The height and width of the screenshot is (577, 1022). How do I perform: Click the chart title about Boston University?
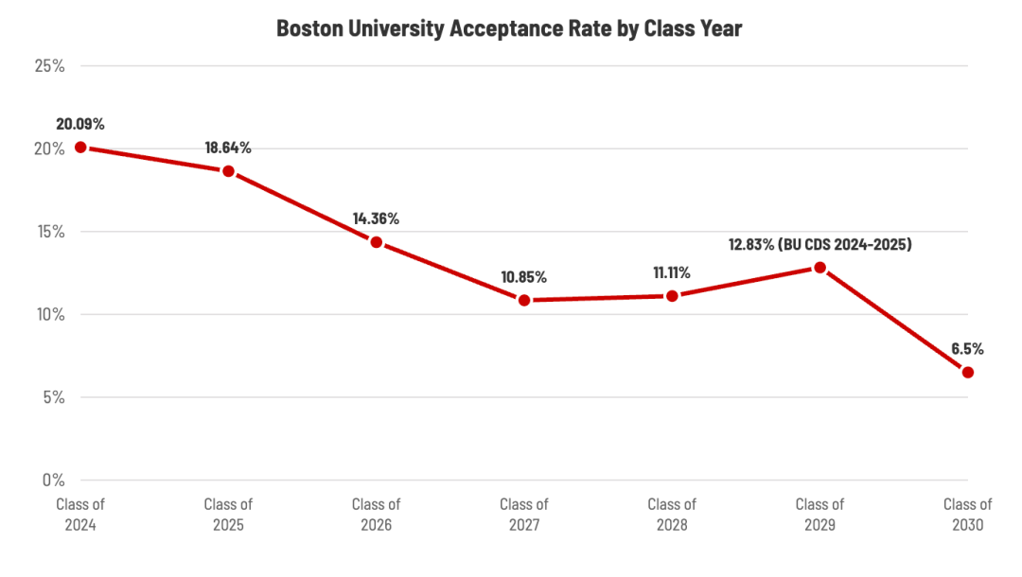tap(509, 28)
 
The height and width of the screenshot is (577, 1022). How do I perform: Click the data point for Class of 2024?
tap(80, 148)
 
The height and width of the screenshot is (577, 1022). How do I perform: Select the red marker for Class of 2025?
tap(229, 171)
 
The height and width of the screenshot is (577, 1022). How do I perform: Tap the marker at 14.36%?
tap(376, 242)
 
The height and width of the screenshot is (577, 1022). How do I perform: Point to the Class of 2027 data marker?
tap(524, 300)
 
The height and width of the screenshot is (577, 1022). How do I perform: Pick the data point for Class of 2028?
tap(672, 296)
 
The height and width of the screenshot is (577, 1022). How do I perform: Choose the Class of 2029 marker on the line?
tap(819, 268)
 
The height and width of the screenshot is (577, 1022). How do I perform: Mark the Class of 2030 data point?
tap(968, 373)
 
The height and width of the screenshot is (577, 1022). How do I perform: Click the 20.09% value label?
tap(80, 124)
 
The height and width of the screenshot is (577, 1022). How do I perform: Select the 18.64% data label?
tap(228, 148)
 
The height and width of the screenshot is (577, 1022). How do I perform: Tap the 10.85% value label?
tap(524, 277)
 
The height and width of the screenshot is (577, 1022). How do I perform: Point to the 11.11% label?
tap(672, 272)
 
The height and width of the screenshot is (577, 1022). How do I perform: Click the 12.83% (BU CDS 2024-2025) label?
tap(819, 245)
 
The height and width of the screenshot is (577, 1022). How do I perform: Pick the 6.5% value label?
tap(967, 349)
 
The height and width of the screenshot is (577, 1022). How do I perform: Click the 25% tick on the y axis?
tap(50, 66)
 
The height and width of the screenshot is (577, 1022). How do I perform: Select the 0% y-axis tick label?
tap(53, 480)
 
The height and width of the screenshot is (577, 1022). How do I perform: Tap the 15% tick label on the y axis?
tap(50, 231)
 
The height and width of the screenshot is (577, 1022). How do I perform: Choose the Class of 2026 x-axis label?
tap(376, 515)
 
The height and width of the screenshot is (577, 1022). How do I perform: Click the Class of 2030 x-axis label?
tap(968, 515)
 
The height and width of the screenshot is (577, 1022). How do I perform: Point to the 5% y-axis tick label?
tap(54, 397)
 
